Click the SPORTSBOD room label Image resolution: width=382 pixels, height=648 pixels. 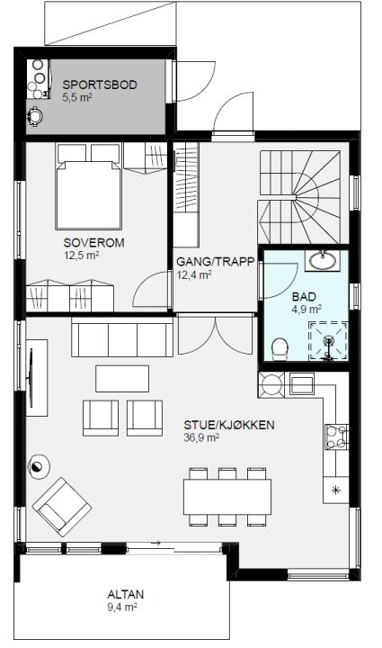100,85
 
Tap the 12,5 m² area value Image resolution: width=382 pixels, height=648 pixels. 81,256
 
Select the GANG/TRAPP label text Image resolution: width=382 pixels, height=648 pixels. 216,262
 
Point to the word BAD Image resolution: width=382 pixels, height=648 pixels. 304,297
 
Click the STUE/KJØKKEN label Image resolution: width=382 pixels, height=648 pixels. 229,425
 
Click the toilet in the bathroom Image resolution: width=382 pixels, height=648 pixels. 280,347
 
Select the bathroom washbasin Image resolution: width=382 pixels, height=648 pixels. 323,260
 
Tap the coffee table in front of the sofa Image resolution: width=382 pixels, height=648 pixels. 122,378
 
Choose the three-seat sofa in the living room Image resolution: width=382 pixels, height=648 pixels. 122,337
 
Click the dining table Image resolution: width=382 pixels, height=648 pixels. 227,497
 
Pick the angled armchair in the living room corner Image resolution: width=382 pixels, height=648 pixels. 62,507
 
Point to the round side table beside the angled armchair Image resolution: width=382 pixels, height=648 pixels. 38,466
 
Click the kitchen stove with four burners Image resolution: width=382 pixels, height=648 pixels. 337,436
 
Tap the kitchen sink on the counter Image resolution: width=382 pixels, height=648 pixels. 302,384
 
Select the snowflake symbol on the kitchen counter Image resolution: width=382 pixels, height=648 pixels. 336,490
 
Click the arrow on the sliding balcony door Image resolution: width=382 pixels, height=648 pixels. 155,543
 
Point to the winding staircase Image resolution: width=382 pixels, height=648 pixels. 299,197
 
